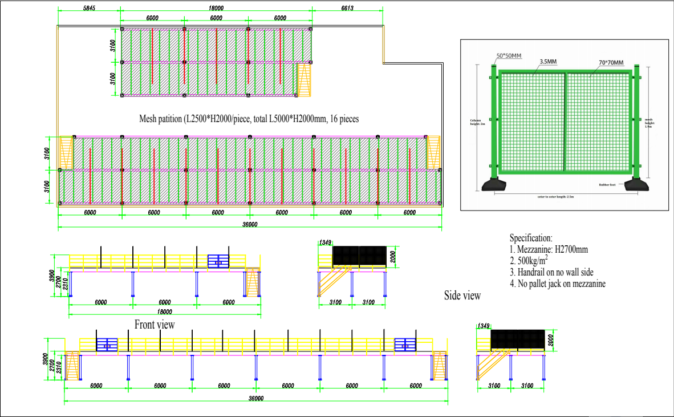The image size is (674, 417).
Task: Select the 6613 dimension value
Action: tap(346, 9)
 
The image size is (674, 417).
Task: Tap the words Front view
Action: tap(155, 325)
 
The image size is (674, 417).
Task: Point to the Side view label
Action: tap(462, 295)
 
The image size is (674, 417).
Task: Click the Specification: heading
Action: tap(531, 238)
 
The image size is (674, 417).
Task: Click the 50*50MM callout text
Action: tap(509, 55)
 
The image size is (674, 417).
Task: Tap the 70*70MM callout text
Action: tap(611, 62)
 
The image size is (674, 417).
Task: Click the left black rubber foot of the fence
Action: tap(494, 185)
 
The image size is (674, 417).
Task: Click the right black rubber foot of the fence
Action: tap(636, 185)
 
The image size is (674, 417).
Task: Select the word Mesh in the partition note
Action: tap(150, 119)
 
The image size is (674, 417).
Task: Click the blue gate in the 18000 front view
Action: tap(218, 261)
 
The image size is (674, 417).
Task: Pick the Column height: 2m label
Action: tap(476, 122)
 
